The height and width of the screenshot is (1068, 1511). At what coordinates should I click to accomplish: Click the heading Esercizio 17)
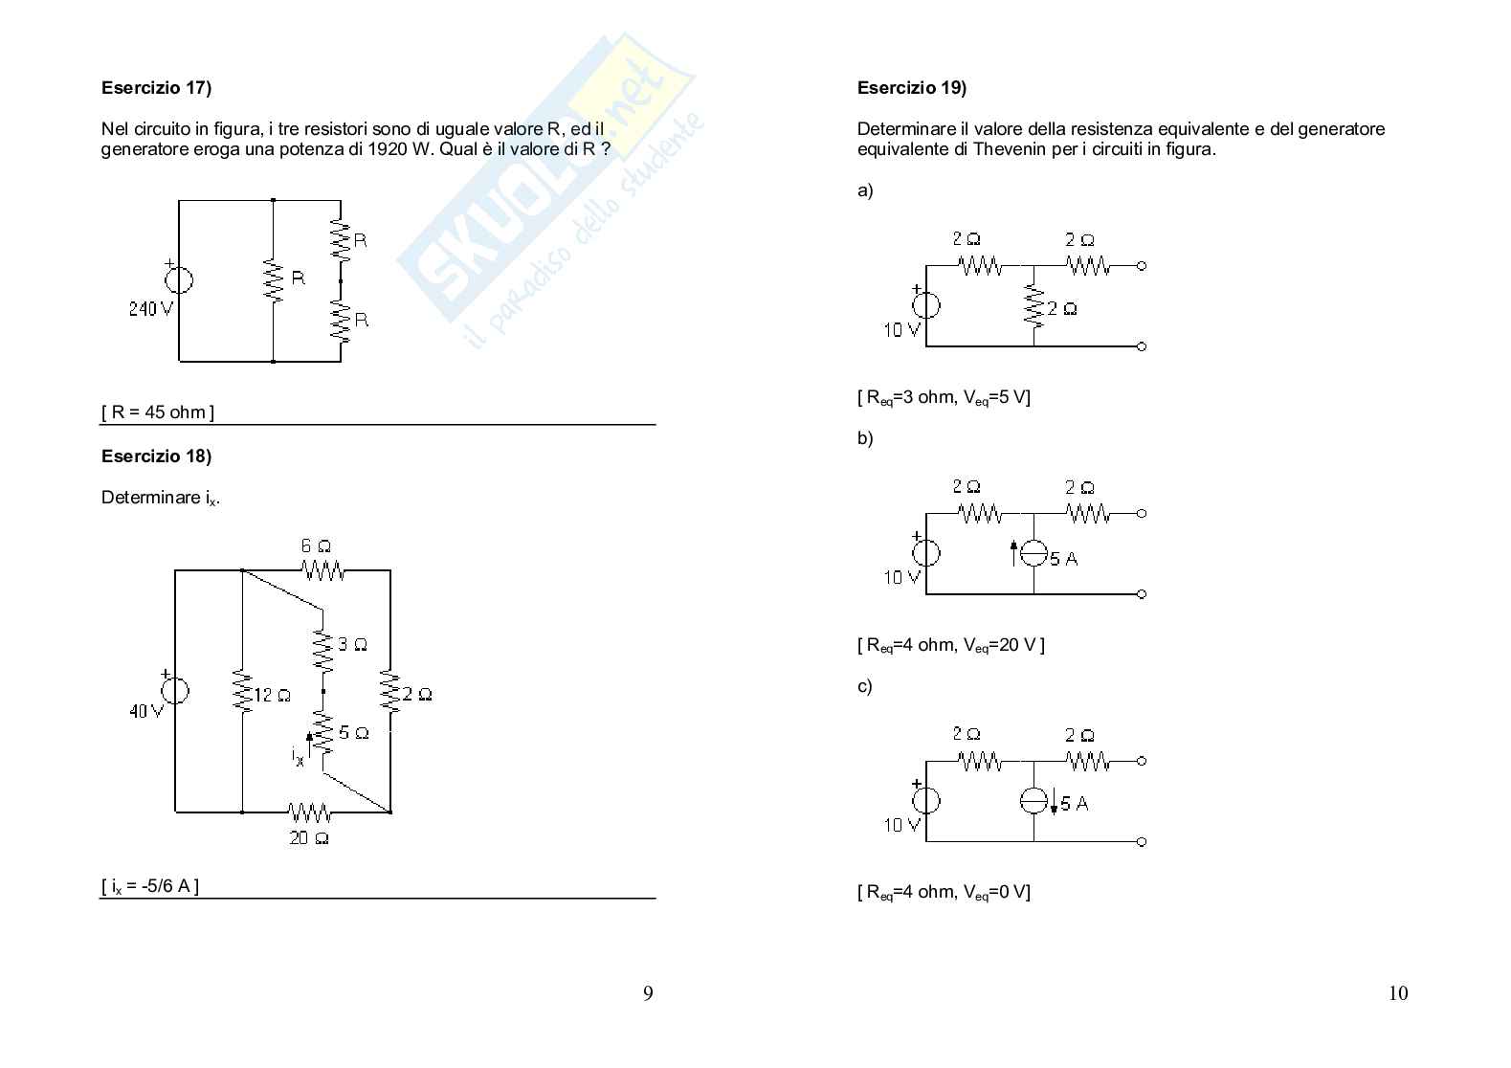click(156, 88)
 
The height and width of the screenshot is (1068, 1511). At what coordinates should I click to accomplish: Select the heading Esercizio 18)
click(156, 456)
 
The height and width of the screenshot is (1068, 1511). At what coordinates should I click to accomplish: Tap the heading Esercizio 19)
click(912, 88)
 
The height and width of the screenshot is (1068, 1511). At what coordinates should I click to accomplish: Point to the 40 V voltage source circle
click(174, 690)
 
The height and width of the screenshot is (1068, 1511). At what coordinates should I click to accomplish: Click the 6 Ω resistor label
click(316, 546)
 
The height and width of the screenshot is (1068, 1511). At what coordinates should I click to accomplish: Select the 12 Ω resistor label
click(273, 696)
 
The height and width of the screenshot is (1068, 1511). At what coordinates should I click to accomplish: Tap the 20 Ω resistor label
click(309, 839)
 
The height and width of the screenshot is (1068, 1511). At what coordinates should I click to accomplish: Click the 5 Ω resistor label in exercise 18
click(354, 733)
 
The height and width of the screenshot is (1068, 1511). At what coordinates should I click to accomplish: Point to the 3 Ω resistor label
click(353, 645)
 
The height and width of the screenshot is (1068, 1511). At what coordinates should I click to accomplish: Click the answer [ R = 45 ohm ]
click(158, 412)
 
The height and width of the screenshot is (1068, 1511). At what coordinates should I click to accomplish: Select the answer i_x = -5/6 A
click(150, 886)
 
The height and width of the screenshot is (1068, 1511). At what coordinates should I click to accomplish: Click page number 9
click(648, 993)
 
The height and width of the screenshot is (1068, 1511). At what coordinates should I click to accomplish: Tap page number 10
click(1397, 993)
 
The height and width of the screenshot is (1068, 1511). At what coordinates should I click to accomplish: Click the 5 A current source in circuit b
click(1033, 553)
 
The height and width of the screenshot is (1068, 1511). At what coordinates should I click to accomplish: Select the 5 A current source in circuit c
click(1033, 801)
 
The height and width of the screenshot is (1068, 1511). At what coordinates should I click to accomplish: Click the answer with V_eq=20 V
click(950, 645)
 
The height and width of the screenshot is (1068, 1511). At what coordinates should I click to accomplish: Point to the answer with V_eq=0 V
click(944, 892)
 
